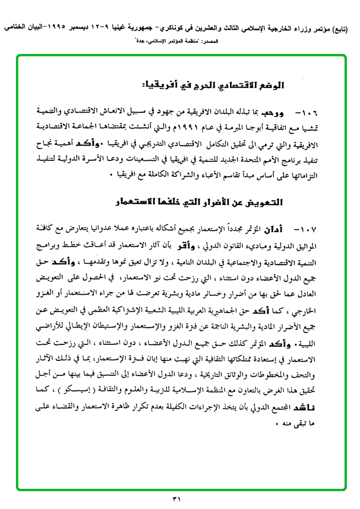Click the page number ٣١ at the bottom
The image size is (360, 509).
pos(180,498)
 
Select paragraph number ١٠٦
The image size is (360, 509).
pos(307,114)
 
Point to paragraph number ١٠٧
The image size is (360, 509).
pos(307,229)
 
